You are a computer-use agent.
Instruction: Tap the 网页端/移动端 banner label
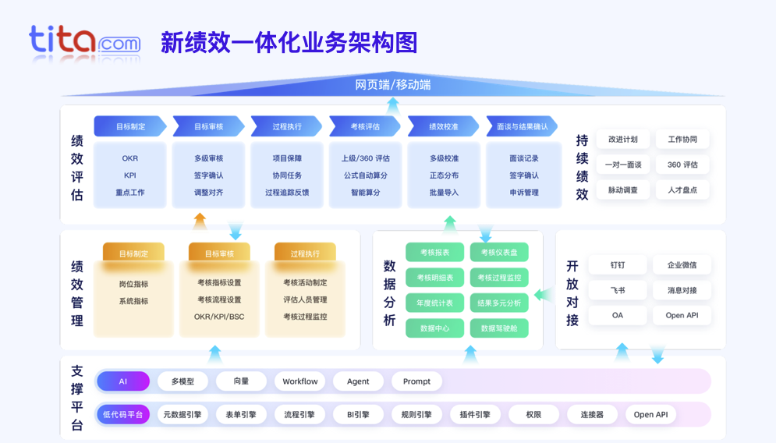point(393,84)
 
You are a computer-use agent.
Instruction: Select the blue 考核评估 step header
point(364,126)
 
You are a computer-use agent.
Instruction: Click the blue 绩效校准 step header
point(443,126)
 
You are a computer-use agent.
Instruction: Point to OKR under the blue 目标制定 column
point(129,158)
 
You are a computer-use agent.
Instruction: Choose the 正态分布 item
point(444,175)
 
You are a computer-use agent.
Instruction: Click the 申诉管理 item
point(523,193)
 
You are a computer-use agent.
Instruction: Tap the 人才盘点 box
point(682,190)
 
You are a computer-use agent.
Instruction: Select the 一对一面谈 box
point(622,165)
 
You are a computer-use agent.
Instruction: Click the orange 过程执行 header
point(305,253)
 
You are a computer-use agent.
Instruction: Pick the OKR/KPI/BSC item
point(219,317)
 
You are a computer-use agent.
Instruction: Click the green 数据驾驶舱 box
point(499,328)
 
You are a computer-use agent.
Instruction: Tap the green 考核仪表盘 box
point(499,252)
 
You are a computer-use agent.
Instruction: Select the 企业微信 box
point(682,265)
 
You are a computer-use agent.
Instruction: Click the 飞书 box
point(617,290)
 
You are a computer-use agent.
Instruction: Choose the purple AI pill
point(122,381)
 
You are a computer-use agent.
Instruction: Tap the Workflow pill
point(299,381)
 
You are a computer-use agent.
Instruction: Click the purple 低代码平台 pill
point(122,415)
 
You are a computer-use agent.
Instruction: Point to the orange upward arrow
point(200,221)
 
